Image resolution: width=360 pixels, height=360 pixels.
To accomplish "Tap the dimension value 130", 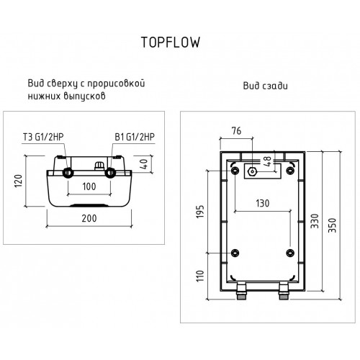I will [264, 204].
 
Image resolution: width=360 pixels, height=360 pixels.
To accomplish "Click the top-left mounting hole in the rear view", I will [235, 170].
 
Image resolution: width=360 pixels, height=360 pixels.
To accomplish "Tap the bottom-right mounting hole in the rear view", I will [290, 253].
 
